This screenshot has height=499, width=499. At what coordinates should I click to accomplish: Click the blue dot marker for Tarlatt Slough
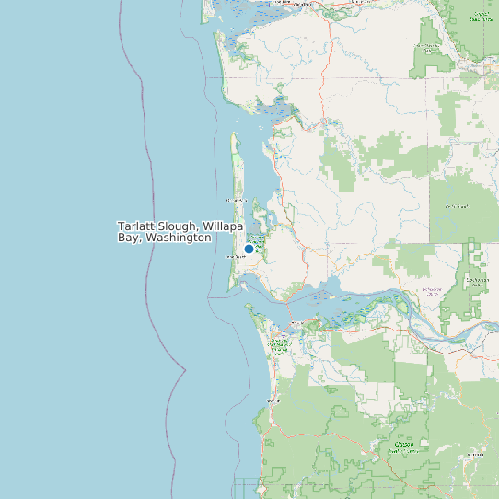(x=249, y=249)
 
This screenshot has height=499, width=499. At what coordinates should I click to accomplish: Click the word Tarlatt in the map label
(x=135, y=226)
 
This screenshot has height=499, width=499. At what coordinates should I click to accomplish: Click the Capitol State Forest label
(x=480, y=17)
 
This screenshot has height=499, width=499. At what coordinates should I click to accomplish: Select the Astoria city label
(x=296, y=323)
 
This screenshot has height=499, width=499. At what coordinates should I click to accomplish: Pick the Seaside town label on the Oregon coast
(x=272, y=401)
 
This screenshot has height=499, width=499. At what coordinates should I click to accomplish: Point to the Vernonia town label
(x=475, y=454)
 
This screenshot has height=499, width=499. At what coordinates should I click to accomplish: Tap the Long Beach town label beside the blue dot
(x=233, y=257)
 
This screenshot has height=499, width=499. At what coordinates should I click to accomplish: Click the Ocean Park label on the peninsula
(x=233, y=200)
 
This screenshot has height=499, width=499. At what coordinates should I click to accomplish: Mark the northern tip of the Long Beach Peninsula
(x=234, y=134)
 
